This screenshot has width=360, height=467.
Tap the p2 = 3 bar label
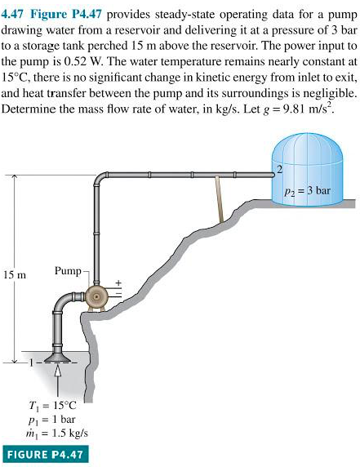308,193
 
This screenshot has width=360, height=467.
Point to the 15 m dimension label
16,275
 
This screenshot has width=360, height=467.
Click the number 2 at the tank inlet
278,169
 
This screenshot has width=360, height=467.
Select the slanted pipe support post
220,200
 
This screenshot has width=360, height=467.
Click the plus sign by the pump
118,284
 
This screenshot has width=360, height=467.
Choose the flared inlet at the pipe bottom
57,356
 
